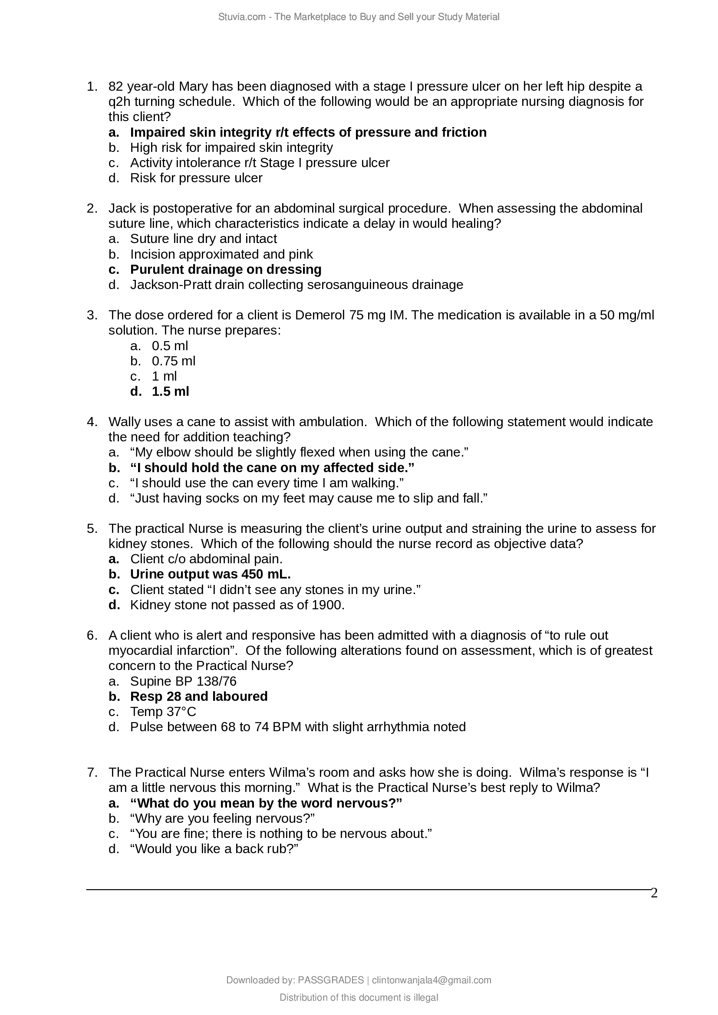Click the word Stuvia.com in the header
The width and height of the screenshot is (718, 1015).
click(x=241, y=17)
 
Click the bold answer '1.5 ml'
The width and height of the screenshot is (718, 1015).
click(x=170, y=391)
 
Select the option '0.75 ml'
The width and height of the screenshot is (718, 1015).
click(x=173, y=361)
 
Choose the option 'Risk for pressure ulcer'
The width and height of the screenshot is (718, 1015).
click(x=196, y=178)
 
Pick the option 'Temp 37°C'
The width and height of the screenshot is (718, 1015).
click(x=163, y=712)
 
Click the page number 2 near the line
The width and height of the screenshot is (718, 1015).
click(x=654, y=894)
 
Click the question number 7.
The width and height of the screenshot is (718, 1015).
click(x=92, y=772)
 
